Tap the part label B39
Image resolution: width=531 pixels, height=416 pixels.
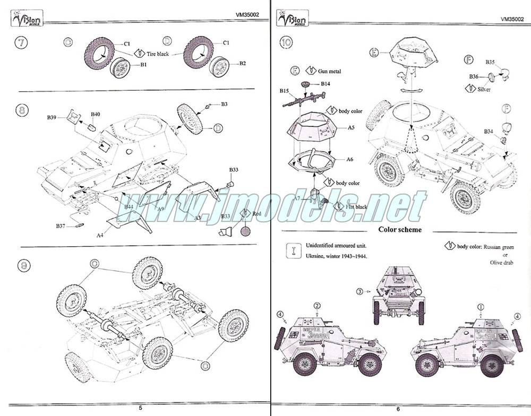pos(51,117)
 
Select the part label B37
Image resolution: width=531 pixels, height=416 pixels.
pos(61,226)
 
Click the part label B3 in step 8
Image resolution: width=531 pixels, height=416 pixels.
pos(225,104)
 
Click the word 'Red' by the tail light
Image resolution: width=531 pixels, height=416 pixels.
pos(257,213)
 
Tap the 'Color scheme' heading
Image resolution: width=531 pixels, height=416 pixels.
pos(400,230)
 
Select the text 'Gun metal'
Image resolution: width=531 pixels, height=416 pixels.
pos(330,71)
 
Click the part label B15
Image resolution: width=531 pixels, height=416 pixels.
pos(284,91)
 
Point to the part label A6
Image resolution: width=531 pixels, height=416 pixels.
pos(350,159)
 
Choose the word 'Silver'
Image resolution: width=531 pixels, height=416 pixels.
pos(484,90)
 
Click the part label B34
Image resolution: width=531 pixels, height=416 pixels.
pos(489,132)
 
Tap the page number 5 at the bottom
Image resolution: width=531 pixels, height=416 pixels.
pos(140,408)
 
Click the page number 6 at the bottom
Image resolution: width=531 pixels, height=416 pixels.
pos(397,408)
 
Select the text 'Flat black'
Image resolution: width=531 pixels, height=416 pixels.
pos(355,206)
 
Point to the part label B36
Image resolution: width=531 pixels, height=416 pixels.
pos(474,76)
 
